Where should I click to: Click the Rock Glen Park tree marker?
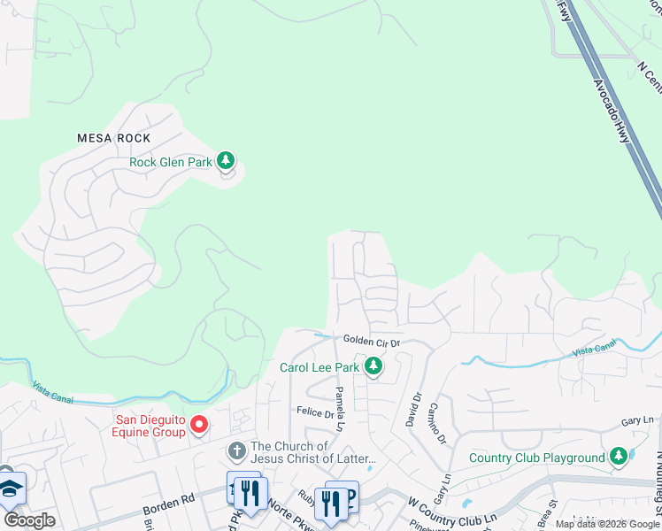coord(227,160)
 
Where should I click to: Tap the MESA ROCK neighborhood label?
coord(113,138)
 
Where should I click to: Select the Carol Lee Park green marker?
coord(373,366)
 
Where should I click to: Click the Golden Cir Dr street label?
coord(372,341)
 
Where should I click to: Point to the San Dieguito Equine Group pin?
coord(199,425)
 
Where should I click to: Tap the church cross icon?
coord(236,451)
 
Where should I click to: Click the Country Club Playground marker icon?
coord(618,457)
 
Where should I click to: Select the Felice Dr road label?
coord(314,412)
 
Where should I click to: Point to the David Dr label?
coord(412,412)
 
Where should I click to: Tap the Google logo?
coord(29,520)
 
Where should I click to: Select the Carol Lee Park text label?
coord(319,366)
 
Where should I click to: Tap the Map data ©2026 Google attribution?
coord(607,524)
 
